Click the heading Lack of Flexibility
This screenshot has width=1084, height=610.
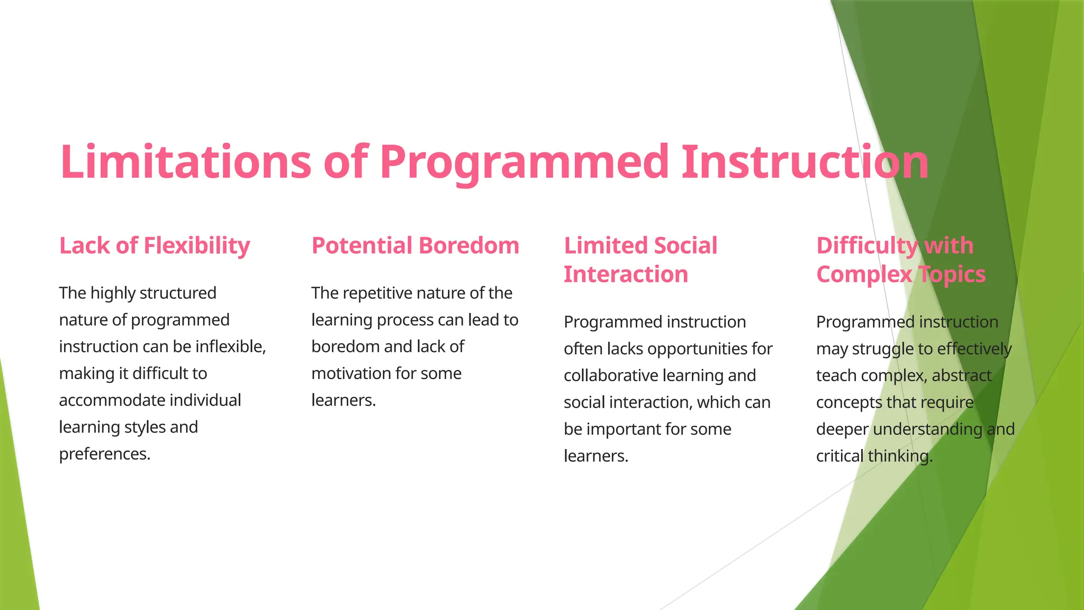(x=155, y=246)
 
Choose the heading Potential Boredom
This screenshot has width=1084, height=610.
(x=415, y=246)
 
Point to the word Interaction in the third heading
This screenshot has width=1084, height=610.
(x=626, y=274)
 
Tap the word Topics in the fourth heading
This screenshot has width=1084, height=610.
(x=952, y=274)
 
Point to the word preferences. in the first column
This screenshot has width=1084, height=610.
(x=105, y=454)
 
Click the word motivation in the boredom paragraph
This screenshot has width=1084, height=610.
(x=350, y=373)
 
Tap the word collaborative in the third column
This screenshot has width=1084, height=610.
(x=611, y=375)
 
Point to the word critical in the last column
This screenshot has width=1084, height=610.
(x=839, y=456)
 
